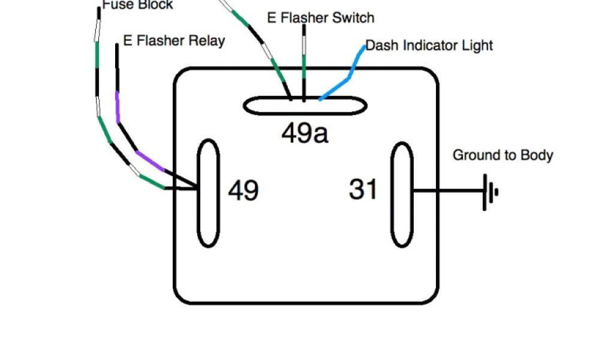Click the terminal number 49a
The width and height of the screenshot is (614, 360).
[x=305, y=133]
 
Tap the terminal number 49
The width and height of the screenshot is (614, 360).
[x=243, y=191]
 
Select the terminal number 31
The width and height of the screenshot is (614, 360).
[x=363, y=190]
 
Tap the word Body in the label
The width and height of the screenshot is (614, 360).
[x=537, y=155]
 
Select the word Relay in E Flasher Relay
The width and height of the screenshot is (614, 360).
[x=206, y=41]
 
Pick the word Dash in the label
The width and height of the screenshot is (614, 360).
[x=379, y=45]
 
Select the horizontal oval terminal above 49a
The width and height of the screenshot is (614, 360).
[x=305, y=106]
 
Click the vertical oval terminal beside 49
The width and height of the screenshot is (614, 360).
[x=208, y=193]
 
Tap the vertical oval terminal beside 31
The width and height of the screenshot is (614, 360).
[x=402, y=194]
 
